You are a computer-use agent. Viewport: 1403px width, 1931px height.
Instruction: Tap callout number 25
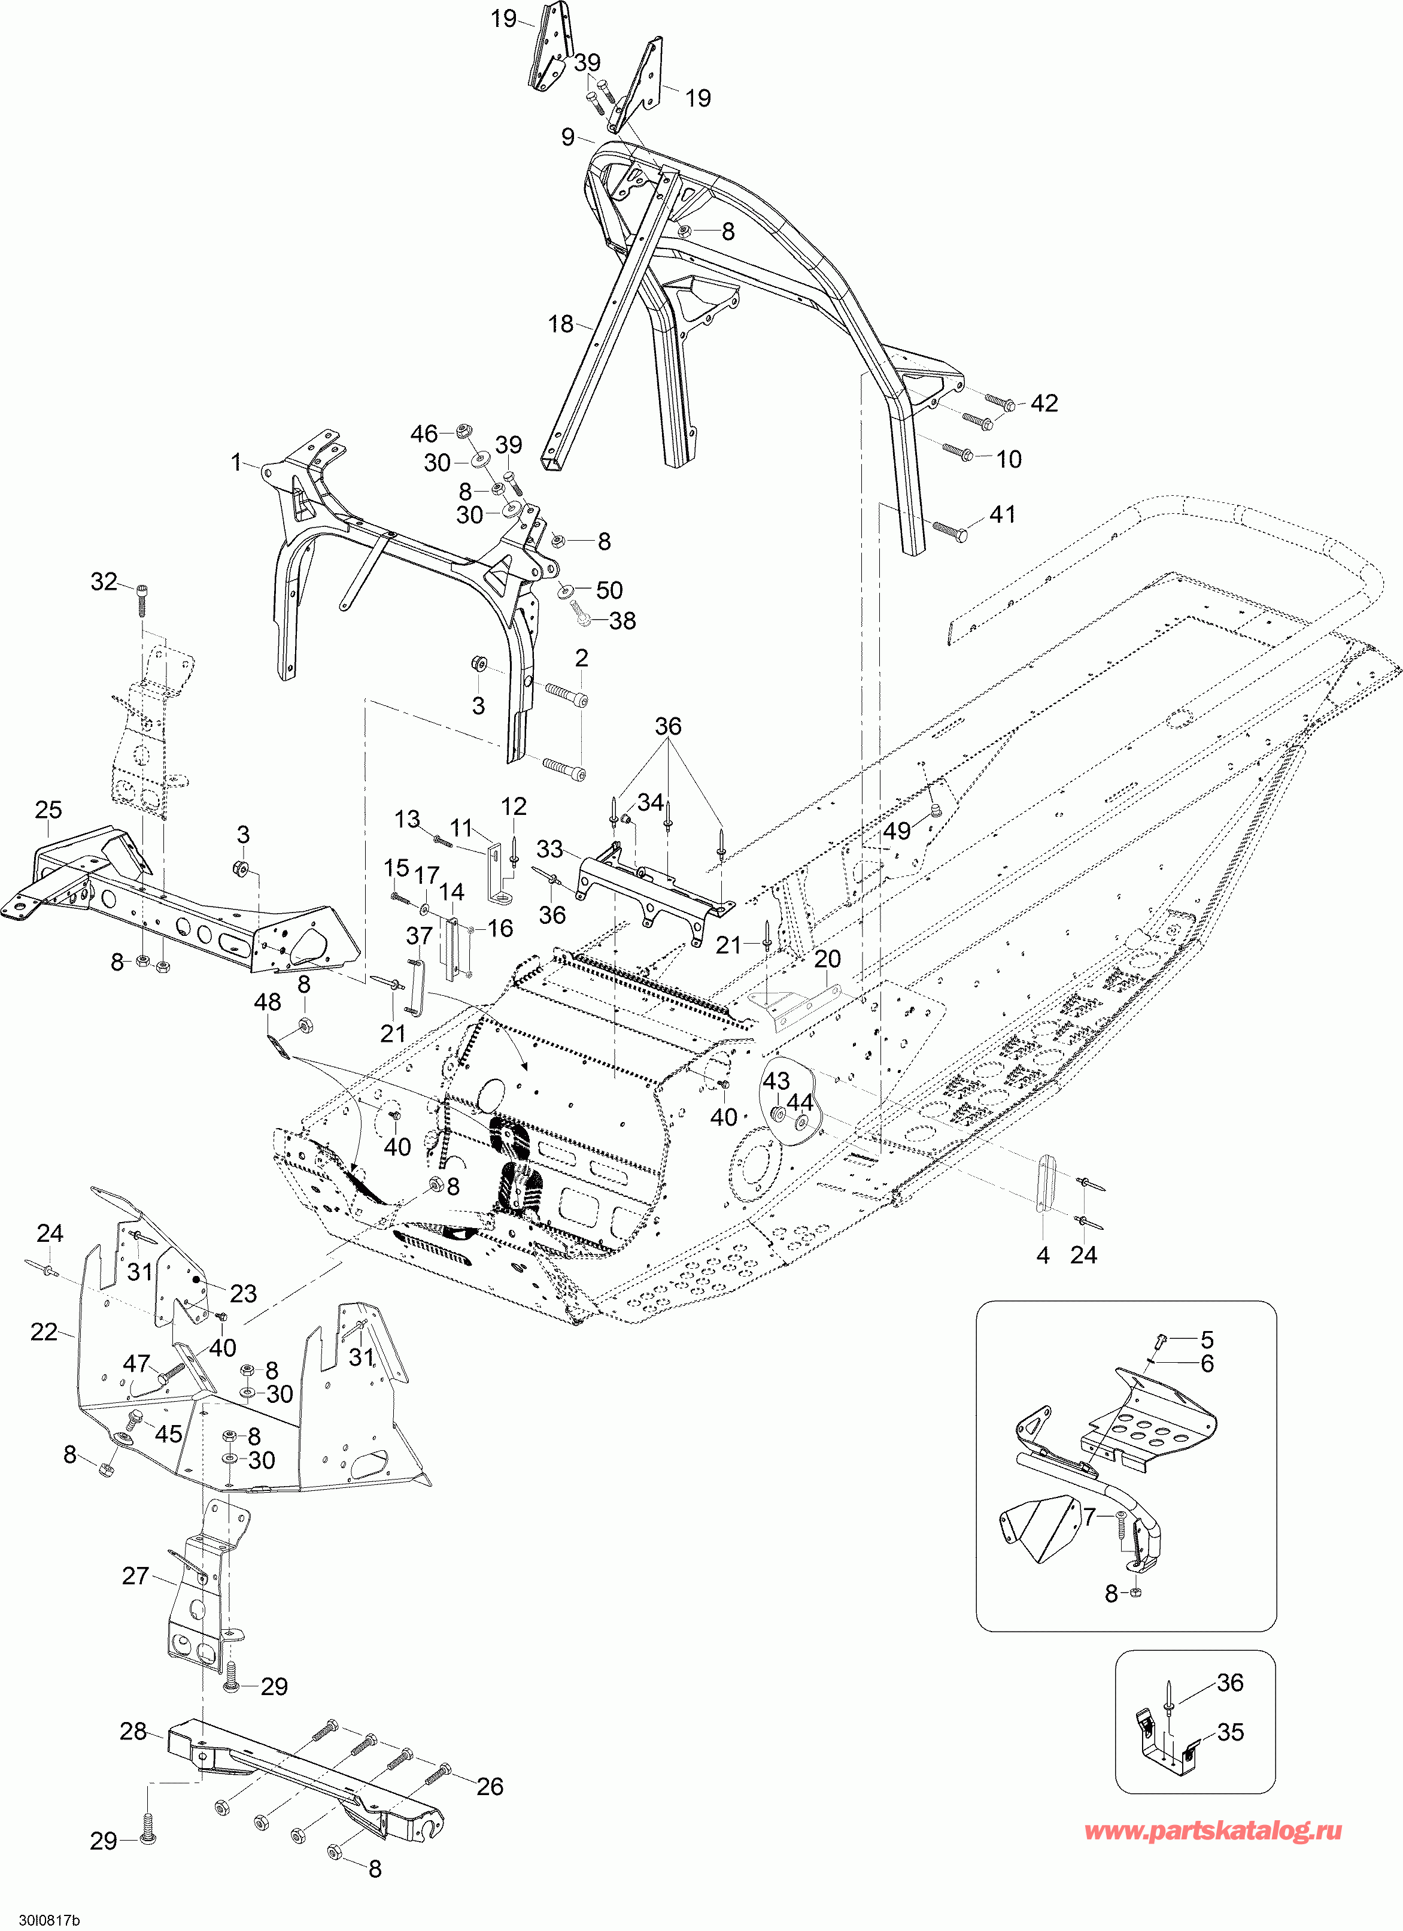click(x=48, y=810)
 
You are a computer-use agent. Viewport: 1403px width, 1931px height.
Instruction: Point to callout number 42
click(x=1044, y=404)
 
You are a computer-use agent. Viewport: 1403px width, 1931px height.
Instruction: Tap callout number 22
click(x=44, y=1332)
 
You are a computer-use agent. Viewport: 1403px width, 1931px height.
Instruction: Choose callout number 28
click(x=133, y=1731)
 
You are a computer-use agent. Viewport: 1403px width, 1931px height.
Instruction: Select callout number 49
click(x=897, y=830)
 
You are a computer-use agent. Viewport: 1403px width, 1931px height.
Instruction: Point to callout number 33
click(x=550, y=849)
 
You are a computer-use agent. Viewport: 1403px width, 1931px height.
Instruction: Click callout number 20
click(x=828, y=959)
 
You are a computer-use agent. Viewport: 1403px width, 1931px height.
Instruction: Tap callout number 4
click(x=1043, y=1254)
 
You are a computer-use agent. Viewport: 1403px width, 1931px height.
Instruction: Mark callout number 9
click(x=568, y=137)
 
